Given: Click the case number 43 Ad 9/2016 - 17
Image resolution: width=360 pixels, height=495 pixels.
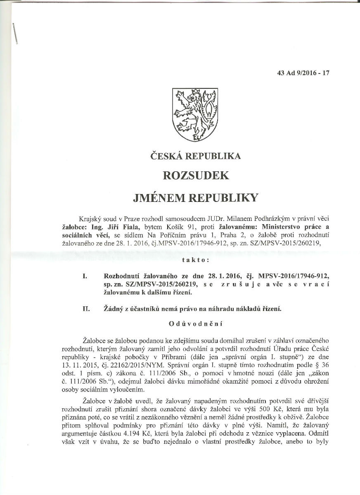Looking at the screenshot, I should tap(298, 73).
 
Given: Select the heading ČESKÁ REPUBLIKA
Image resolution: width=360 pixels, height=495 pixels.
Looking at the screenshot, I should tap(195, 156).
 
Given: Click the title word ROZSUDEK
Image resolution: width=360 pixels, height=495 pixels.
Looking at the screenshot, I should tap(196, 175).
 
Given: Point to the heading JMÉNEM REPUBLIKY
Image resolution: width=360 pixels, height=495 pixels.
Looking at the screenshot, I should tap(195, 197).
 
